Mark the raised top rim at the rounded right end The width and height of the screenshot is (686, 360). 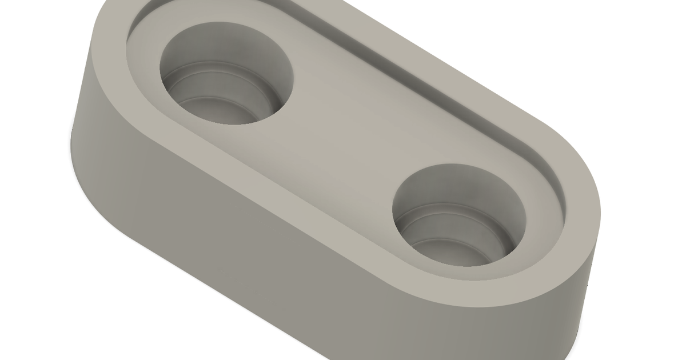(583, 217)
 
